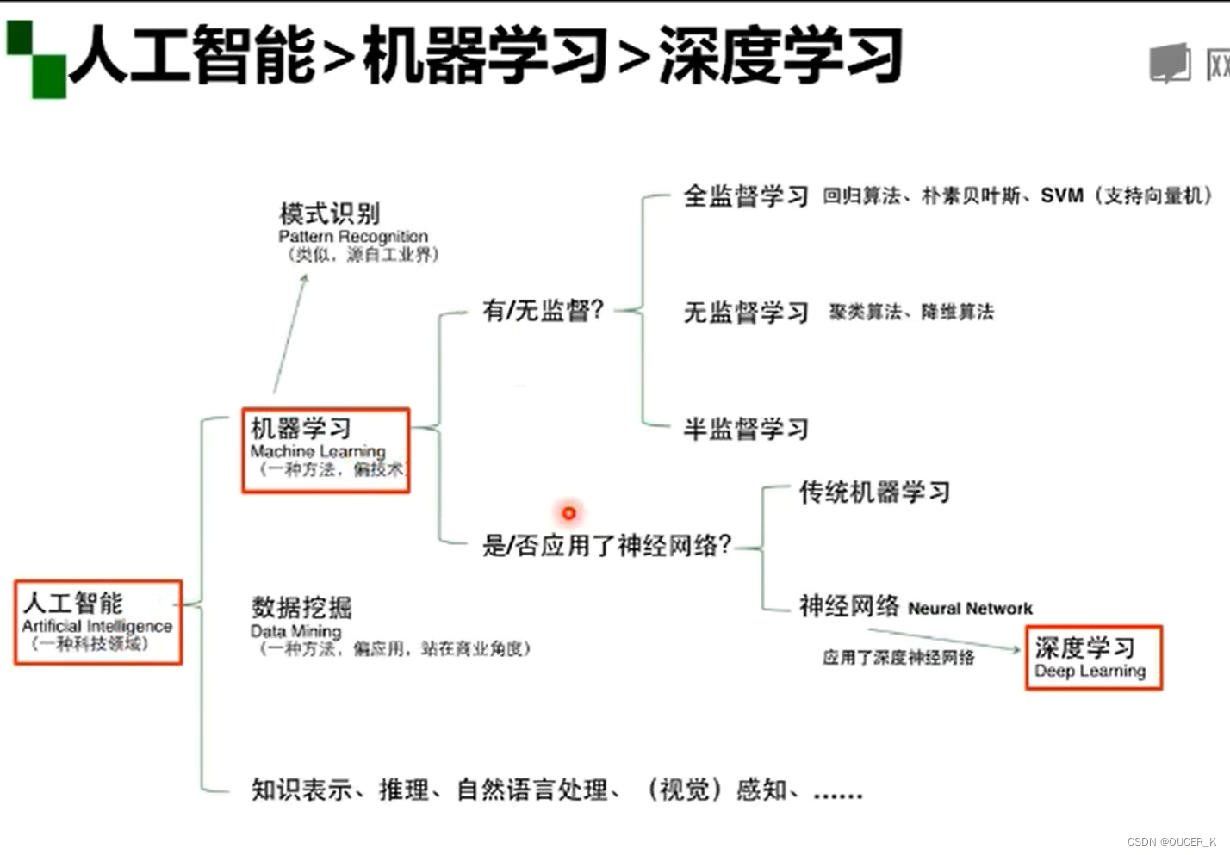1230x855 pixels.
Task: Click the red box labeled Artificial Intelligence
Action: pos(98,623)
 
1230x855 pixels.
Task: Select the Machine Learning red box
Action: pos(326,450)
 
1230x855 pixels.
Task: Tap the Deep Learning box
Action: pos(1093,658)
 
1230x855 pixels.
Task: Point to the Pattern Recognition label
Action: pos(353,236)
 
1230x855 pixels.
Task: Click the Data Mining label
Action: pos(295,631)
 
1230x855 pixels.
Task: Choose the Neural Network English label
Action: pos(970,609)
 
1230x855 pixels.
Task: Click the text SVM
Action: pos(1061,195)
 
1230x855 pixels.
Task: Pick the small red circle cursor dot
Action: pos(568,513)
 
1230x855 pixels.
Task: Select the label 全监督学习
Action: pos(746,196)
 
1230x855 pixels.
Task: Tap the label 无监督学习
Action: pos(746,312)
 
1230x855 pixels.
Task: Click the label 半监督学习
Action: pos(746,428)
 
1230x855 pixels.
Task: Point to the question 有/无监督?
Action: pos(543,310)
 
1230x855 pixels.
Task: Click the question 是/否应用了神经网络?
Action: pos(606,544)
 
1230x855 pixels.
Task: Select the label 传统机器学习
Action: pos(874,492)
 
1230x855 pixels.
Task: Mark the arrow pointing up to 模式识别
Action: pos(291,331)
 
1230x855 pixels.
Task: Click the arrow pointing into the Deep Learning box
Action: pos(947,640)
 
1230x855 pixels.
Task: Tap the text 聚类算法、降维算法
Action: pos(911,312)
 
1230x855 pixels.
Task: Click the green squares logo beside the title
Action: pos(36,59)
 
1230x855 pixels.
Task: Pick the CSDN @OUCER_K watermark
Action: pos(1171,841)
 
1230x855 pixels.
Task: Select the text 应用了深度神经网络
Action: pos(898,658)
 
